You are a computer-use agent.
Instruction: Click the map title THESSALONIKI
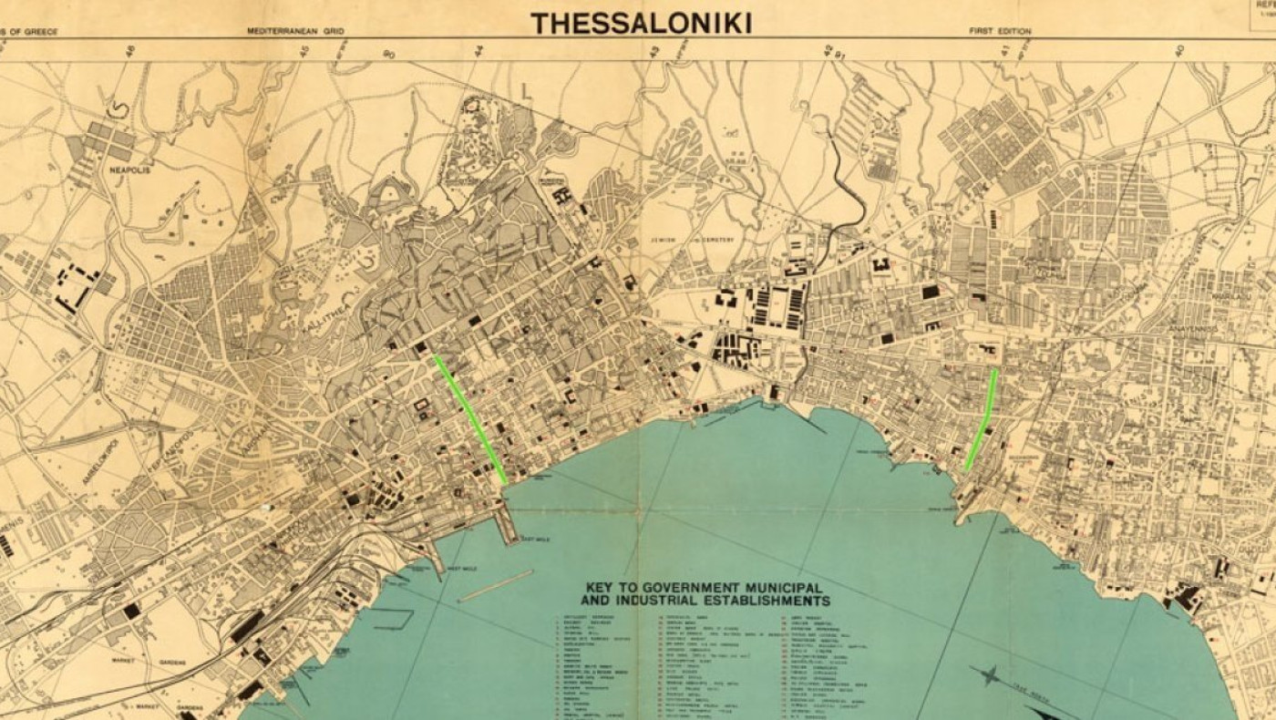(642, 22)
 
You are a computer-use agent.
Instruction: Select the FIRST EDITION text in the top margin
(1000, 31)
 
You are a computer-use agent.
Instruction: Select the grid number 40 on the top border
(1178, 49)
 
